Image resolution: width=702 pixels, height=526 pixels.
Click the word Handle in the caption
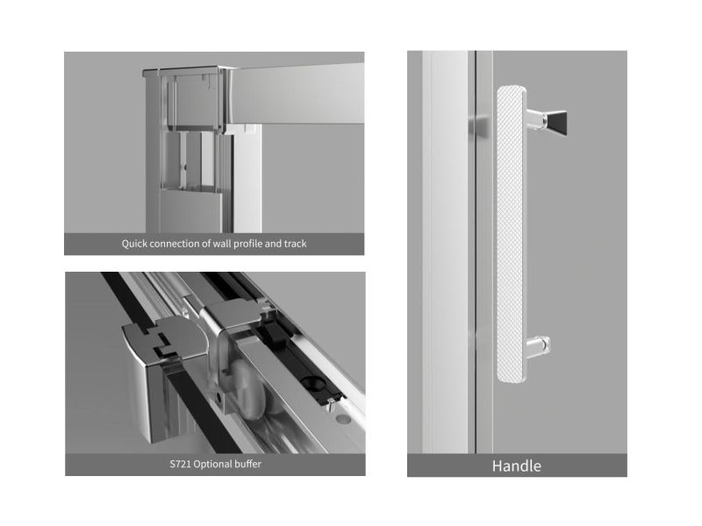coord(516,466)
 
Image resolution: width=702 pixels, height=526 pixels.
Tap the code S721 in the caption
coord(180,465)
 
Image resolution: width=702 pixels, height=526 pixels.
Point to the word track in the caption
coord(295,244)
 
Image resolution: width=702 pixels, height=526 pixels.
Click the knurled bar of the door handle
coord(511,234)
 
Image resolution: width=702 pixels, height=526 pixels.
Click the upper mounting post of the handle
coord(535,118)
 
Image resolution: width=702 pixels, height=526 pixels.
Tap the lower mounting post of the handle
coord(538,346)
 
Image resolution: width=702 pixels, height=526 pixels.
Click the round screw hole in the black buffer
coord(311,382)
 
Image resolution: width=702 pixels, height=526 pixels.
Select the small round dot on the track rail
coord(342,419)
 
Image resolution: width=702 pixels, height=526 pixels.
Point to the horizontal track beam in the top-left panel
coord(297,94)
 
